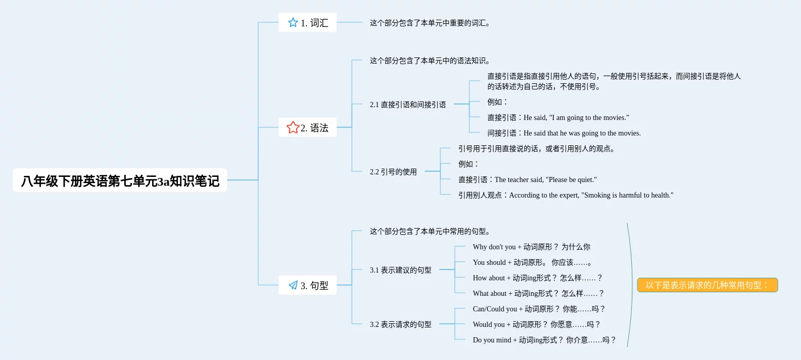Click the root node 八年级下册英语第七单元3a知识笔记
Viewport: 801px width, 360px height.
[x=120, y=180]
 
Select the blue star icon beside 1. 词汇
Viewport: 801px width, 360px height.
[x=293, y=23]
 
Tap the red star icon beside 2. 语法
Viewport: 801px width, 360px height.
[x=293, y=127]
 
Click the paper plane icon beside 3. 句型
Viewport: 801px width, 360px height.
[x=293, y=285]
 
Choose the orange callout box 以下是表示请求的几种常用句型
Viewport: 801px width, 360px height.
[x=707, y=285]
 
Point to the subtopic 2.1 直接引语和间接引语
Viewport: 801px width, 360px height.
[x=408, y=104]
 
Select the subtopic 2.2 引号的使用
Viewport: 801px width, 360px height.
[x=393, y=172]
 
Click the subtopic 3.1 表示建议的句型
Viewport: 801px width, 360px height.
[x=400, y=270]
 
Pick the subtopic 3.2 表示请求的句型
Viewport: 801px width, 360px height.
[x=400, y=324]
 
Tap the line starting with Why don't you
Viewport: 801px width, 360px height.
[x=531, y=247]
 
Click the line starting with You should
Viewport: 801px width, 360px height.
[x=532, y=262]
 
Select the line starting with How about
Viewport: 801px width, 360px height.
[x=538, y=278]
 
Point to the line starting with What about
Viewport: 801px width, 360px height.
[x=538, y=293]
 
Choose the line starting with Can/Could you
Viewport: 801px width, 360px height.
[x=539, y=309]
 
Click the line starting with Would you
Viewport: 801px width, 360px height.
[x=537, y=324]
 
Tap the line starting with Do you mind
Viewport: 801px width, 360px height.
[x=544, y=340]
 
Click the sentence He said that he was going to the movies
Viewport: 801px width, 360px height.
[x=582, y=133]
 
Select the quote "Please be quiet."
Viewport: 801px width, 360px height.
[x=571, y=179]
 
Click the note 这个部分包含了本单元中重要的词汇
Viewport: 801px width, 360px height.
[x=430, y=23]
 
